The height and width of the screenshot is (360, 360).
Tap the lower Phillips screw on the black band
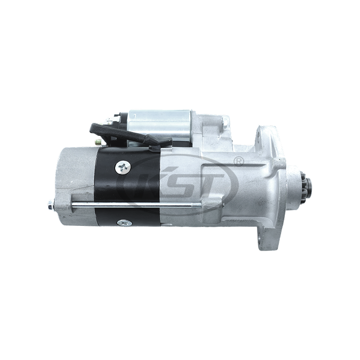(122, 222)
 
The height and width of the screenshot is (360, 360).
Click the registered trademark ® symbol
(239, 160)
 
